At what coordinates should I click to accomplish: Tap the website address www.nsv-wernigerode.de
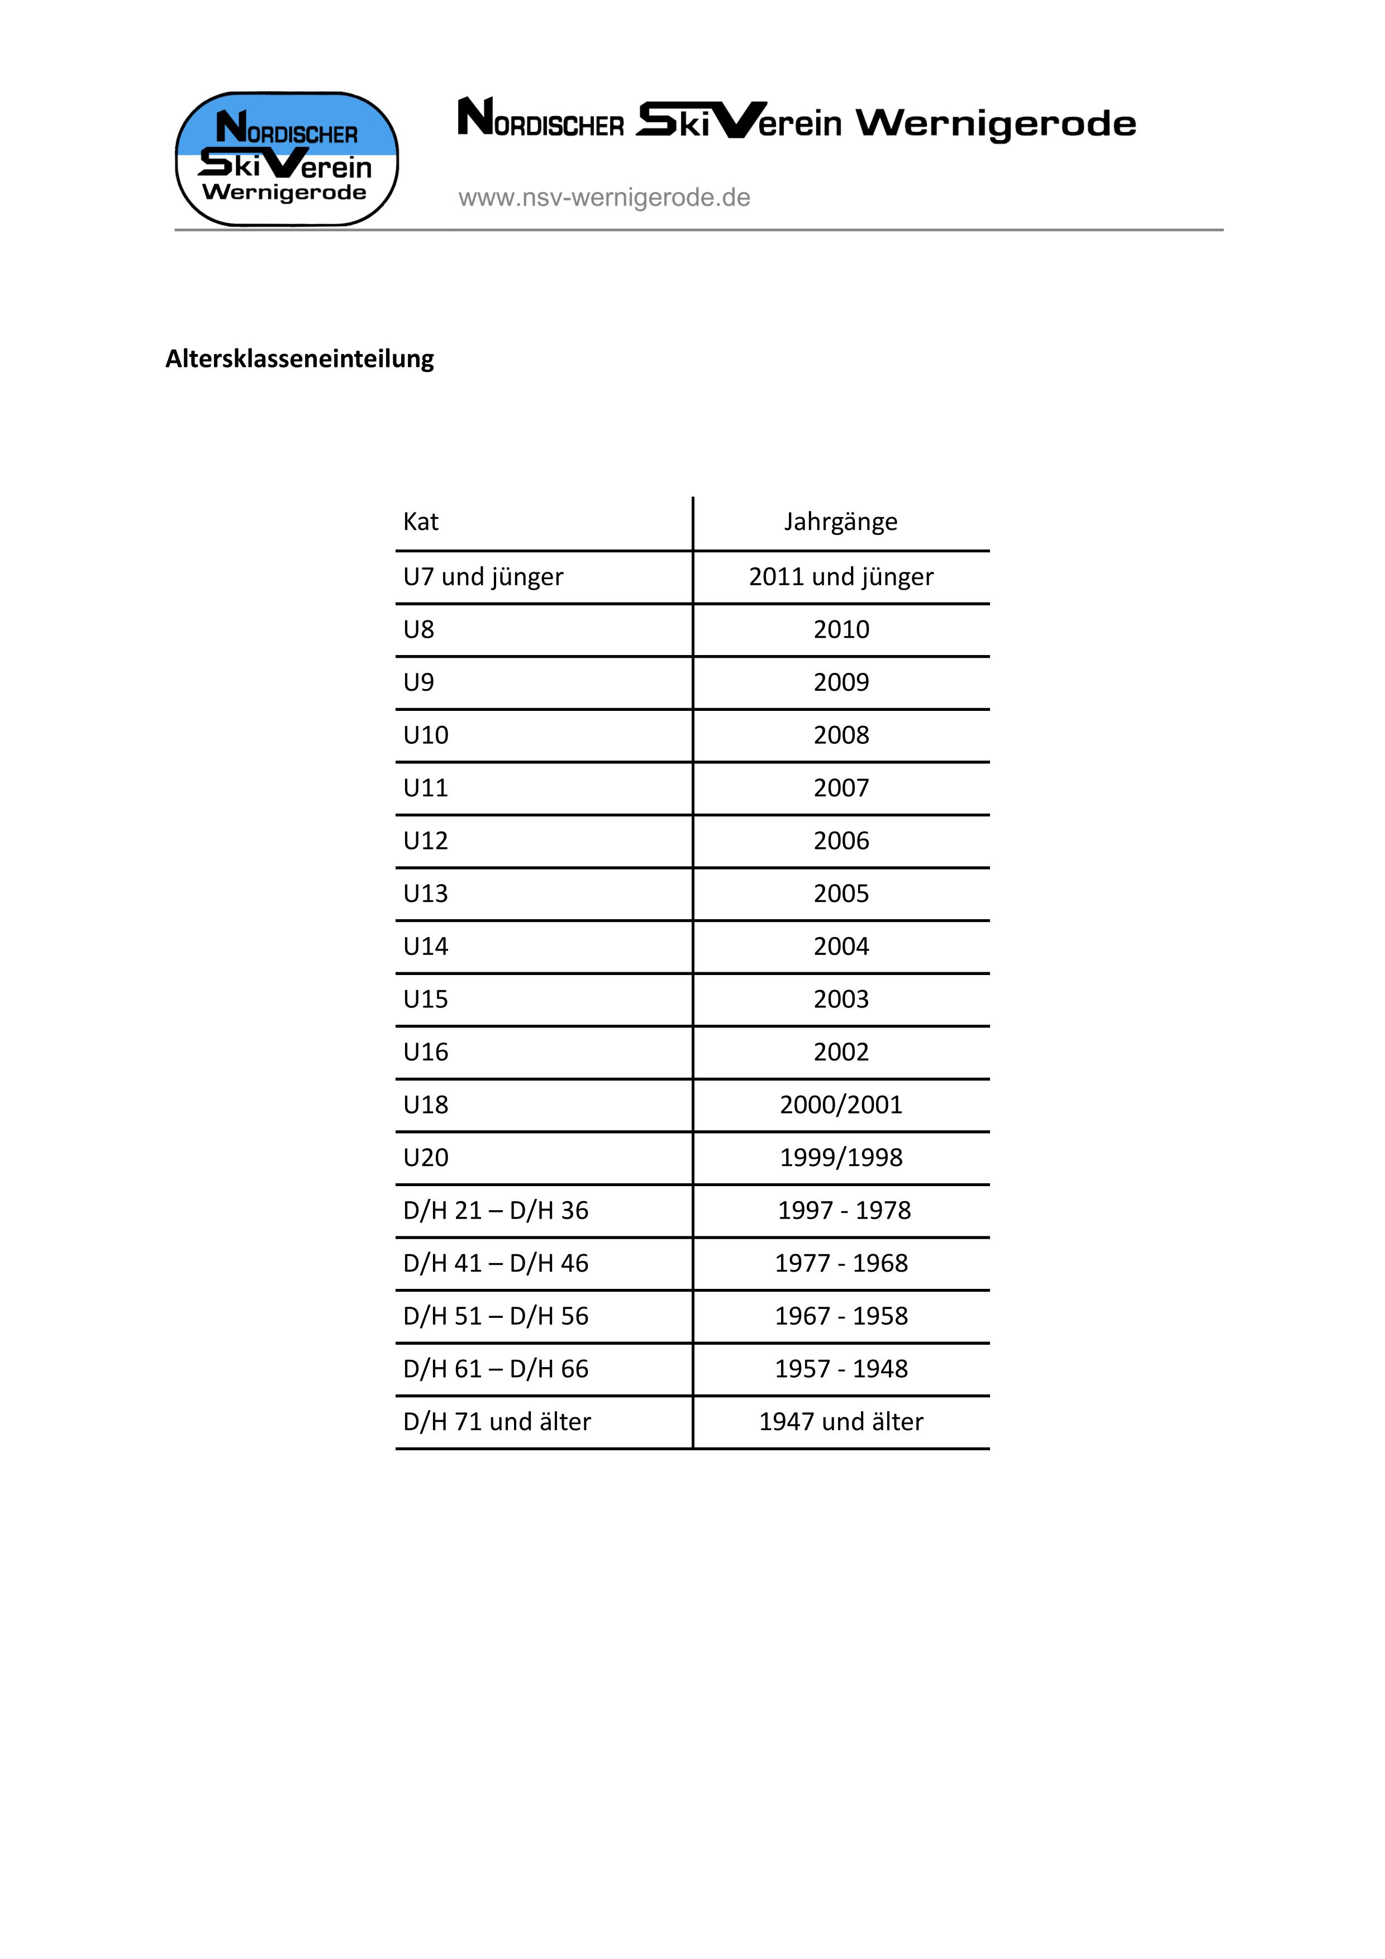coord(604,198)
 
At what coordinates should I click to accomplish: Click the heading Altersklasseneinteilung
coord(299,359)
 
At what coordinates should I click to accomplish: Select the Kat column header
coord(421,522)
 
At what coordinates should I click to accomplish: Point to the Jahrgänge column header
coord(841,522)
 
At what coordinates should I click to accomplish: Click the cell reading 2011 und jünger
coord(841,577)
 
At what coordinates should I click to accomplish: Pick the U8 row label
coord(419,630)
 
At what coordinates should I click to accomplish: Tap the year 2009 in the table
coord(841,682)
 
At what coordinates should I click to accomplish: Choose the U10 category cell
coord(426,735)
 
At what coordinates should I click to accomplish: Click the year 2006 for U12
coord(841,841)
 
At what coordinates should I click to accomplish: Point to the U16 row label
coord(426,1053)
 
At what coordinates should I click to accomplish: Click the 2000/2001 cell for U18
coord(841,1106)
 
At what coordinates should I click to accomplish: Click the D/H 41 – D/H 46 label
coord(496,1264)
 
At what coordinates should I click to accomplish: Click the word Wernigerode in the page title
coord(996,125)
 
